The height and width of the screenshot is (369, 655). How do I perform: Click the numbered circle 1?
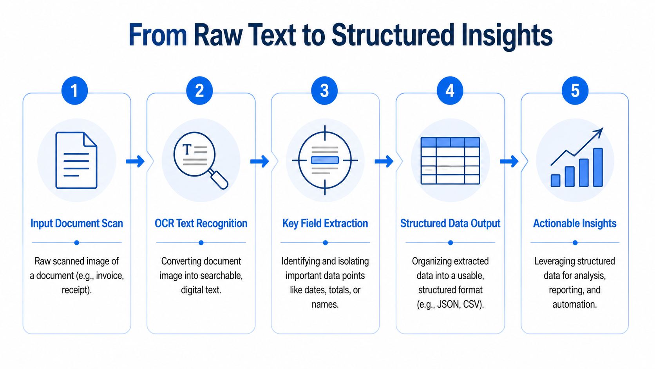74,91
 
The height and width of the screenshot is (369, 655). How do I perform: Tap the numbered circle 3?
324,91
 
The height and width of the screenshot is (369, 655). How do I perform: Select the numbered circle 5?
575,91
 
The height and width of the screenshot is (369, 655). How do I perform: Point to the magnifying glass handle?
219,180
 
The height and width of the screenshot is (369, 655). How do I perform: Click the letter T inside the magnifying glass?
187,149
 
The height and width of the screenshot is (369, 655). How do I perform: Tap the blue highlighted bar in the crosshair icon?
325,160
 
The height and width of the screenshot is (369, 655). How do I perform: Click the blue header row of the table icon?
450,142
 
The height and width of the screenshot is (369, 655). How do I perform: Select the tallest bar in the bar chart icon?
598,167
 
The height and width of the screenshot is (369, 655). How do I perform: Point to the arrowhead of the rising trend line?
599,132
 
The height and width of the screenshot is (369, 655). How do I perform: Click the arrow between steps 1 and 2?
136,161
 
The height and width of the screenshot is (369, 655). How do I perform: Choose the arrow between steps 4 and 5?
509,161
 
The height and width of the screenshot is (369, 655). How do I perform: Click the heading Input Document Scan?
77,224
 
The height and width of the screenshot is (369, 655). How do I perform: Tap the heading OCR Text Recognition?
201,224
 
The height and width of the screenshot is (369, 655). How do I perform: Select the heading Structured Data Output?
450,224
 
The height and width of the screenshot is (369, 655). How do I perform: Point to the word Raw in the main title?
218,35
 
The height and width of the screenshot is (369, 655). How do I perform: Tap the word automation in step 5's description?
574,304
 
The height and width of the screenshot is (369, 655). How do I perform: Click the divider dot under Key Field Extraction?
325,243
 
